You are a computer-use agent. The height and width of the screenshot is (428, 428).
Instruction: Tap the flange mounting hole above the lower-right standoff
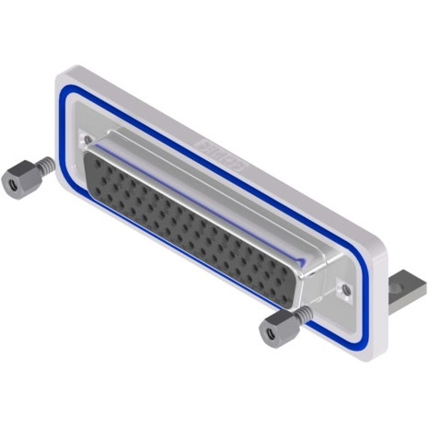pos(345,292)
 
